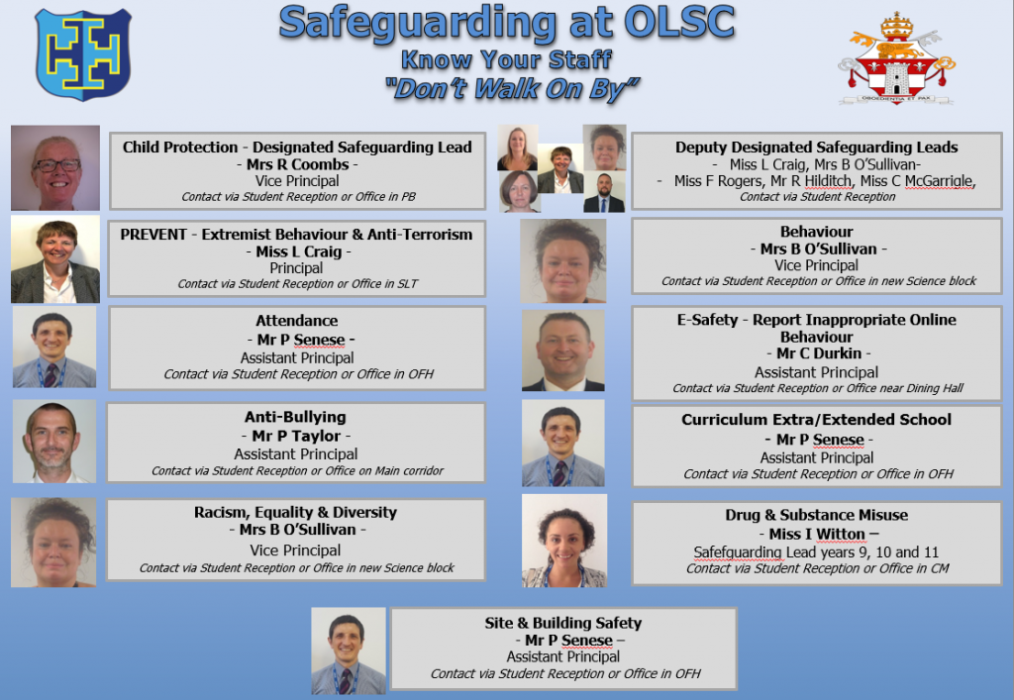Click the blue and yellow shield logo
tap(83, 54)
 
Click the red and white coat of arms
tap(896, 58)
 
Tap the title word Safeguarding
tap(417, 24)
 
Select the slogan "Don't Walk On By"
tap(512, 89)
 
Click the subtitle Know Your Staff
tap(506, 59)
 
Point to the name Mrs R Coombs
tap(297, 164)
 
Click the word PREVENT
tap(153, 234)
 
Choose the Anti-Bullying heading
tap(295, 417)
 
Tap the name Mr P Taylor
tap(296, 436)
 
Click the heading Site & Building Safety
tap(563, 623)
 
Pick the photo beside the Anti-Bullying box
tap(54, 442)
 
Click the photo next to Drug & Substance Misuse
tap(564, 541)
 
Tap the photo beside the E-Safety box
tap(563, 350)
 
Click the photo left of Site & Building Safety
tap(349, 650)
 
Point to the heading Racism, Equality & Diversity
tap(295, 512)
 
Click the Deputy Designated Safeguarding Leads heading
tap(817, 148)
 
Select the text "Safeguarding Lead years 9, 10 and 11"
tap(816, 552)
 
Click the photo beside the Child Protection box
tap(55, 168)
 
